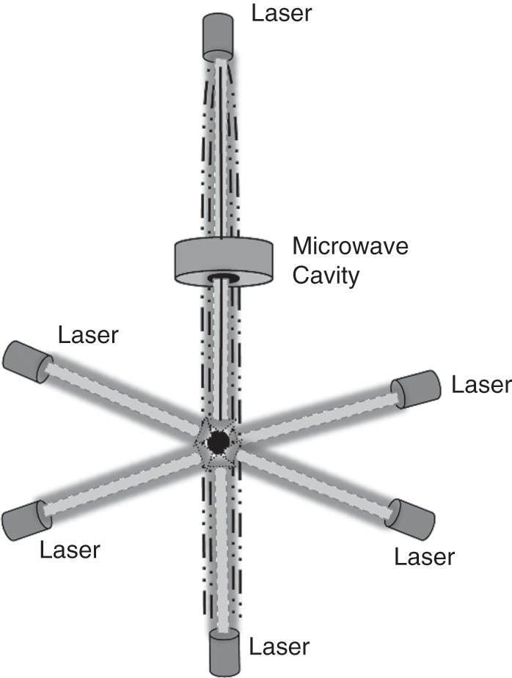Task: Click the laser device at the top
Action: click(x=219, y=39)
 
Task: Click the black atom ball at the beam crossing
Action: click(x=218, y=442)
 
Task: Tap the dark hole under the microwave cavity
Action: click(x=221, y=279)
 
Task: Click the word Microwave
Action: click(x=350, y=246)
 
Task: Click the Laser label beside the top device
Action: click(x=282, y=13)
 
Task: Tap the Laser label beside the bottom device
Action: click(x=279, y=647)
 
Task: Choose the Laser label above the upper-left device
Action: click(x=88, y=335)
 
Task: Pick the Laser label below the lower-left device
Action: click(x=70, y=549)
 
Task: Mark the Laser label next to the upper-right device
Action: click(x=480, y=385)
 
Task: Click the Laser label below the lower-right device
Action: click(x=425, y=557)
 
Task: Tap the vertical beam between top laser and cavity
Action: click(x=220, y=147)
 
